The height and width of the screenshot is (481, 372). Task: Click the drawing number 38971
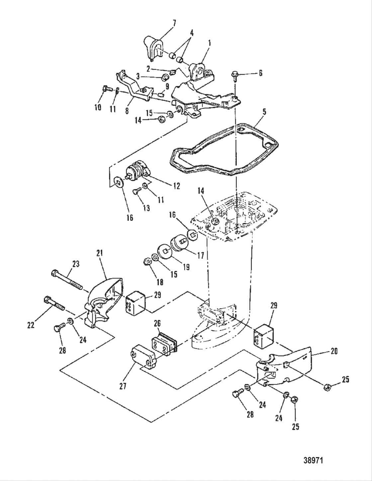pyautogui.click(x=313, y=461)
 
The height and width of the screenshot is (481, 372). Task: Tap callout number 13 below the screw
pyautogui.click(x=146, y=208)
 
